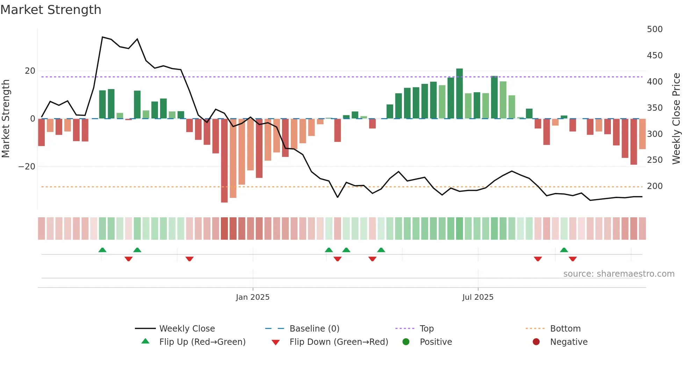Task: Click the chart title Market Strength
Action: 51,10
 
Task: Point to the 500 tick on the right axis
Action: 654,29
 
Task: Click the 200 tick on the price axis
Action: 654,186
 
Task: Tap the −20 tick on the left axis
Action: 27,167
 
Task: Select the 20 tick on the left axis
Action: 30,71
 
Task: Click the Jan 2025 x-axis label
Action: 253,297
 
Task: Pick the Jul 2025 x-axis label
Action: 478,297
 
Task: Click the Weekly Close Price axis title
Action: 676,119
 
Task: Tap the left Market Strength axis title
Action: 6,119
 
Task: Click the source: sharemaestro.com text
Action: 619,274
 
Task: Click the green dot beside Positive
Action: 406,342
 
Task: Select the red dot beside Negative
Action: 536,342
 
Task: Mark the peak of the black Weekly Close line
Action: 102,37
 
